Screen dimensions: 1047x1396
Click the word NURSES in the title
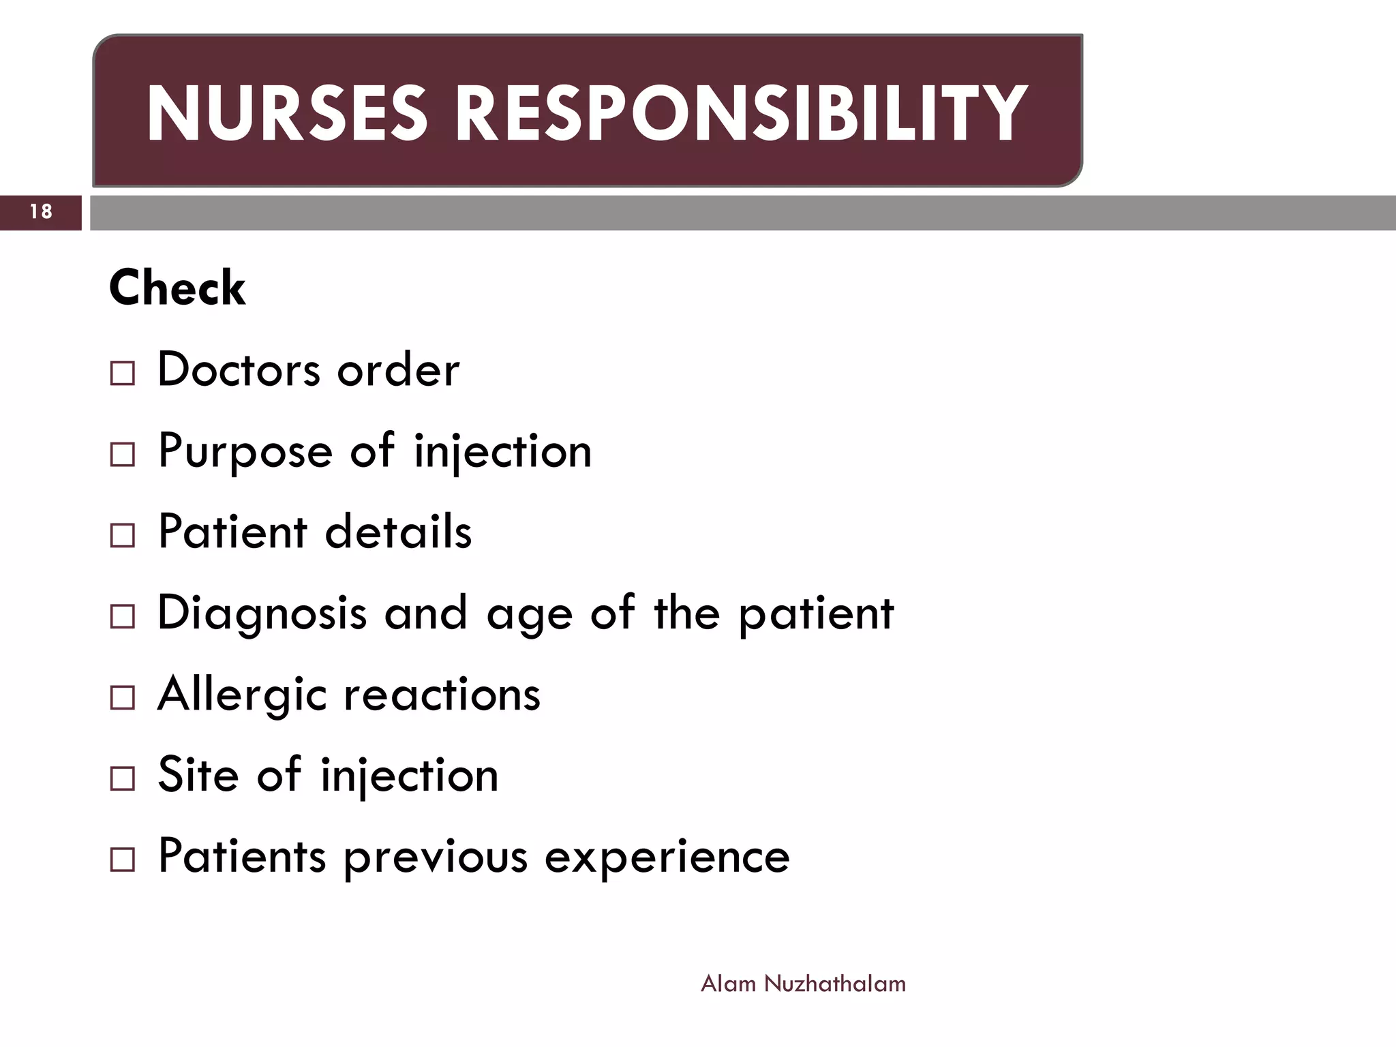tap(286, 113)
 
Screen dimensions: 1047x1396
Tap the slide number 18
tap(41, 212)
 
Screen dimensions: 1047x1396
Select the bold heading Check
tap(177, 288)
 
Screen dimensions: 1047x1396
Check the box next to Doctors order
tap(123, 374)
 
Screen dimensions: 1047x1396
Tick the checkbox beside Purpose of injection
tap(123, 454)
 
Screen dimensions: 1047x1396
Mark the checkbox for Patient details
tap(123, 535)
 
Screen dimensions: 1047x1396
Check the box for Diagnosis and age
tap(123, 616)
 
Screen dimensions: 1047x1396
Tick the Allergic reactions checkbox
tap(123, 697)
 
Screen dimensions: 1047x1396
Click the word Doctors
tap(239, 369)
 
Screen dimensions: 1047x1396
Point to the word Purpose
tap(245, 451)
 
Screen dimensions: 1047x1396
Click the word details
tap(398, 532)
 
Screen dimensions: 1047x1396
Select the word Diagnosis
tap(262, 613)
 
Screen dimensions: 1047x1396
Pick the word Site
tap(198, 775)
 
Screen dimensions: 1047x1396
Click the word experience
tap(667, 856)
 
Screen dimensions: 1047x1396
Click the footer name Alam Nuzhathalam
tap(803, 984)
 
